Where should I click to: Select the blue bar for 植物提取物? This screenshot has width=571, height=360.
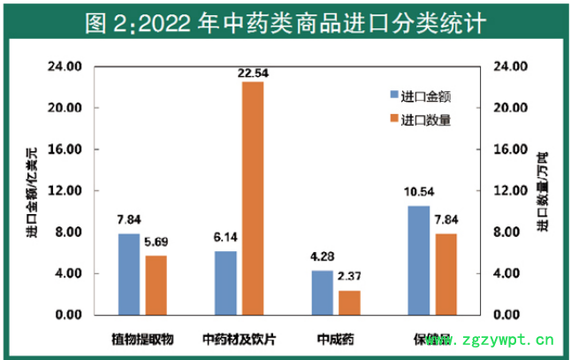tap(129, 274)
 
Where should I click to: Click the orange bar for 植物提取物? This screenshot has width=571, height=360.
tap(156, 285)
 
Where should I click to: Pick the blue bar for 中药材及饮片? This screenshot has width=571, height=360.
tap(225, 283)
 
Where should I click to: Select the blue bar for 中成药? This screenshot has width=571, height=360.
tap(323, 293)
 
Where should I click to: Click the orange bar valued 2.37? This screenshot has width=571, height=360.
tap(350, 303)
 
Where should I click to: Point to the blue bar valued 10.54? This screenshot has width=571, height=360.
tap(419, 260)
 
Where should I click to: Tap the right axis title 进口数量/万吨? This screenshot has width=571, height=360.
tap(540, 191)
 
